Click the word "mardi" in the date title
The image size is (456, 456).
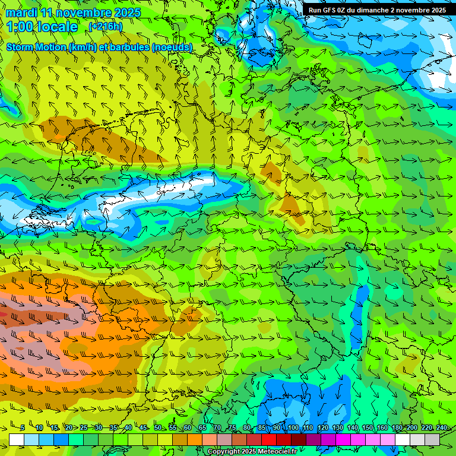[21, 12]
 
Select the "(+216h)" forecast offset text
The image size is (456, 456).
[106, 26]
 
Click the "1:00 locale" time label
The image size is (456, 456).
[42, 27]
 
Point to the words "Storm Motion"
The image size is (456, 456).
[36, 47]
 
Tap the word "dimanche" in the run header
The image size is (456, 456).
[373, 10]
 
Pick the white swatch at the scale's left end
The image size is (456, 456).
[16, 439]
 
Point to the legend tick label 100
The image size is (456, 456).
[293, 428]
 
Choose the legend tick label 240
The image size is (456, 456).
[442, 428]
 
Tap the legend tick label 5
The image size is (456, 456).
[23, 428]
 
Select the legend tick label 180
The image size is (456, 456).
[397, 428]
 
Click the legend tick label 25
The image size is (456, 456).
[83, 428]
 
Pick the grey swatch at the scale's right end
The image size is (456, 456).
[433, 439]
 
